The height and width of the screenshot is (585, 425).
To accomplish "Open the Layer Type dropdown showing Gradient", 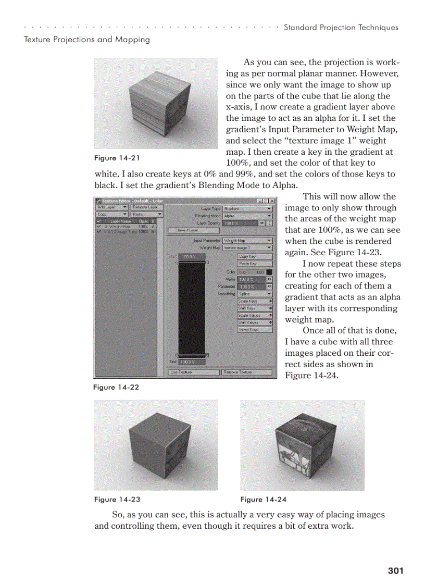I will (247, 208).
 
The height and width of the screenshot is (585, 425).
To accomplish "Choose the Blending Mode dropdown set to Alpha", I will (247, 215).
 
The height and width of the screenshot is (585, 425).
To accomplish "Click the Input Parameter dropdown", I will (247, 241).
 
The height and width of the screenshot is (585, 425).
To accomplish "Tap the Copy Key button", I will (254, 256).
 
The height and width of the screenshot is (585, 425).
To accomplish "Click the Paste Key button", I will (254, 264).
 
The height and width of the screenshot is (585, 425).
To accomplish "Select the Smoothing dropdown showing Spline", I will (254, 294).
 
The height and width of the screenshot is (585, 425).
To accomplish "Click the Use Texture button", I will (193, 372).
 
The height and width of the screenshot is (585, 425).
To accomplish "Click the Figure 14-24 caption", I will (263, 500).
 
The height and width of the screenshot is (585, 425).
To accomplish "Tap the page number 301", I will (395, 571).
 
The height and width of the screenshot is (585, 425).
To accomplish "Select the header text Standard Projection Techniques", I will (341, 28).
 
